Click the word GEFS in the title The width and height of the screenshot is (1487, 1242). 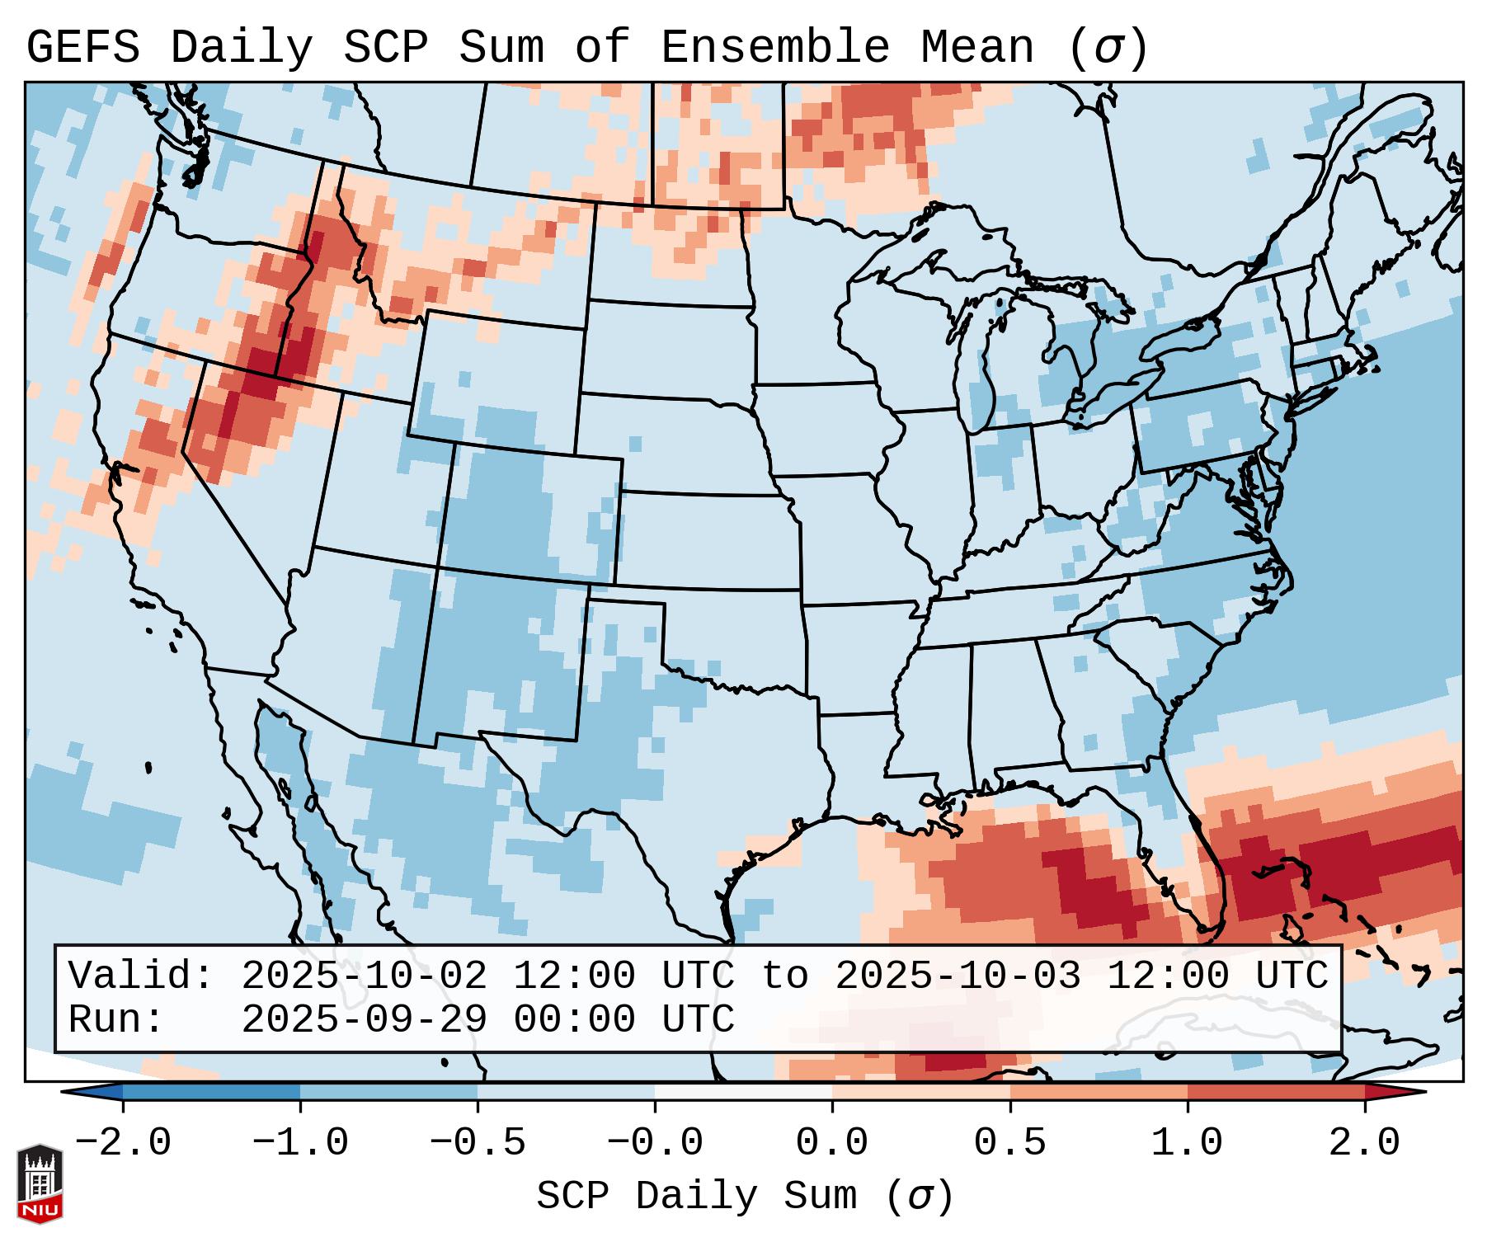pyautogui.click(x=82, y=48)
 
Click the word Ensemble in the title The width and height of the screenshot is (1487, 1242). pyautogui.click(x=774, y=48)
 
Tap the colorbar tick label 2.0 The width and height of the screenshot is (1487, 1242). pyautogui.click(x=1364, y=1143)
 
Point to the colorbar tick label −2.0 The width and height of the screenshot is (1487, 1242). pyautogui.click(x=123, y=1143)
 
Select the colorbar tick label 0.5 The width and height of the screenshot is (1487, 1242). pyautogui.click(x=1009, y=1143)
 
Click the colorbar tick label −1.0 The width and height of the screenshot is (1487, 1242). pyautogui.click(x=300, y=1143)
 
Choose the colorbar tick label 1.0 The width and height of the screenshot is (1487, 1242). pyautogui.click(x=1187, y=1143)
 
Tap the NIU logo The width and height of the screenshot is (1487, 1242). pyautogui.click(x=40, y=1183)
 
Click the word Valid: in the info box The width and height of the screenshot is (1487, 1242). pyautogui.click(x=141, y=976)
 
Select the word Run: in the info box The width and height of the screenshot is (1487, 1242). pyautogui.click(x=116, y=1019)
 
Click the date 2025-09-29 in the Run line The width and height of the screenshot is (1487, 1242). pyautogui.click(x=364, y=1019)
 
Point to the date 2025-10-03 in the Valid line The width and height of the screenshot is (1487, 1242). pyautogui.click(x=958, y=976)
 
